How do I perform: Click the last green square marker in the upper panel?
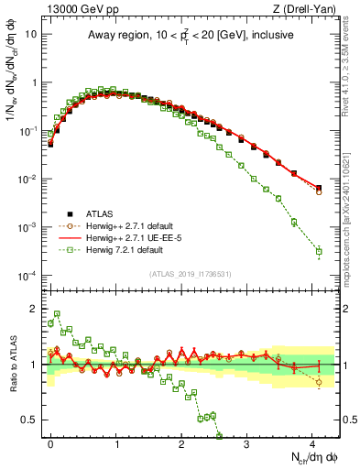319,251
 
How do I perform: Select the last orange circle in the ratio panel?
319,382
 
